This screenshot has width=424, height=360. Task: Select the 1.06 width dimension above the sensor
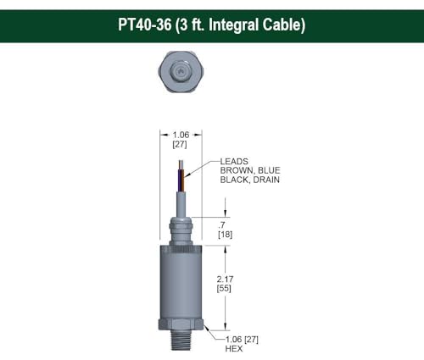[181, 135]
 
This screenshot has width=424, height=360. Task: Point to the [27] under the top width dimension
[181, 145]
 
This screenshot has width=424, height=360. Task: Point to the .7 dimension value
[223, 224]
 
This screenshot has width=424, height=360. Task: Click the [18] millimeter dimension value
[226, 234]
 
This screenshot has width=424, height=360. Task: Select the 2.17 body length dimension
[226, 278]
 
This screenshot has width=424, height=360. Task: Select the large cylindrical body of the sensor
[179, 280]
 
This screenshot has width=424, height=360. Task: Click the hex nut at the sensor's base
[179, 326]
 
